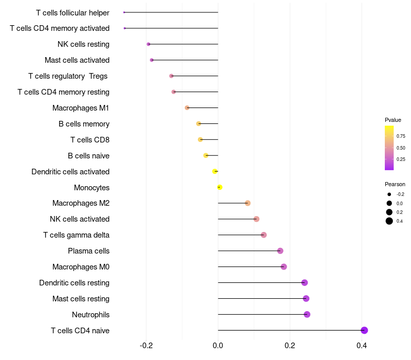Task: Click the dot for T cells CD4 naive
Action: [364, 330]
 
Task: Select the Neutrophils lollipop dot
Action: [307, 314]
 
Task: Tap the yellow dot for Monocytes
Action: [220, 187]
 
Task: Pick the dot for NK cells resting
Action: [148, 44]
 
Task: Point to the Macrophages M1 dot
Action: [187, 107]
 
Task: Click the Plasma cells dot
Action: [280, 251]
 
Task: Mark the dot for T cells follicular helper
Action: [124, 12]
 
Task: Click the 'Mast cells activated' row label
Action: [77, 60]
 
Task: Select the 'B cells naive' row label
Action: [88, 155]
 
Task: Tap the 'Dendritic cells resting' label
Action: [74, 283]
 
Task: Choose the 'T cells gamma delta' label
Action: [76, 235]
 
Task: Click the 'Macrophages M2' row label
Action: [81, 203]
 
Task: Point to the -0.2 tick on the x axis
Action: [146, 345]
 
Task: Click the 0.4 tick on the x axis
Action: [362, 345]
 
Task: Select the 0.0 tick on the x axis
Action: [218, 345]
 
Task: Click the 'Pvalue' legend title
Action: [393, 120]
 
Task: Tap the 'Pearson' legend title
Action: [395, 184]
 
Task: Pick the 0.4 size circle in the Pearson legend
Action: [389, 221]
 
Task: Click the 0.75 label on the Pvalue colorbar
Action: [401, 136]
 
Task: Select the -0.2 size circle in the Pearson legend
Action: [389, 194]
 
